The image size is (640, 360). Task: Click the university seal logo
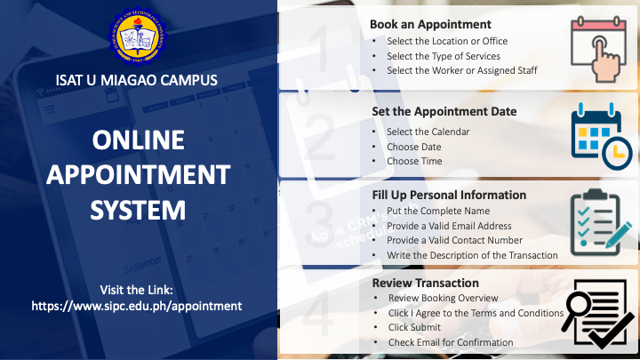pos(138,36)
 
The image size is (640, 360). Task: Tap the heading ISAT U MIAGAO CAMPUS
pos(137,80)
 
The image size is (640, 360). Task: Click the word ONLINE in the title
pos(139,140)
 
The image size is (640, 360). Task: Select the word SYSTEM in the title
pos(138,210)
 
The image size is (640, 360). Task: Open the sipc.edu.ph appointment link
pos(137,306)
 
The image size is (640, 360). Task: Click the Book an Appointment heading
pos(430,25)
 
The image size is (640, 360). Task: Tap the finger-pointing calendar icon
pos(599,49)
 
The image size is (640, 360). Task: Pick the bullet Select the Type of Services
pos(444,56)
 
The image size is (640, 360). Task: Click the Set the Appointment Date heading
pos(444,111)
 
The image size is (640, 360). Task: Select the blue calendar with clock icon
pos(602,136)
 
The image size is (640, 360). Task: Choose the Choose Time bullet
pos(414,161)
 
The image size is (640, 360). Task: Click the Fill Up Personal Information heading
pos(449,195)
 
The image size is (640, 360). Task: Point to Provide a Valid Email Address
pos(449,226)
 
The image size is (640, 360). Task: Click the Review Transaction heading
pos(425,283)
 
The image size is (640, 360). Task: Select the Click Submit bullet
pos(414,327)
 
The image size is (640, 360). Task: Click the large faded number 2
pos(321,138)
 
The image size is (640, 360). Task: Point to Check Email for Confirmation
pos(451,342)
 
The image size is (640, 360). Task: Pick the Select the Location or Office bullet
pos(447,41)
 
